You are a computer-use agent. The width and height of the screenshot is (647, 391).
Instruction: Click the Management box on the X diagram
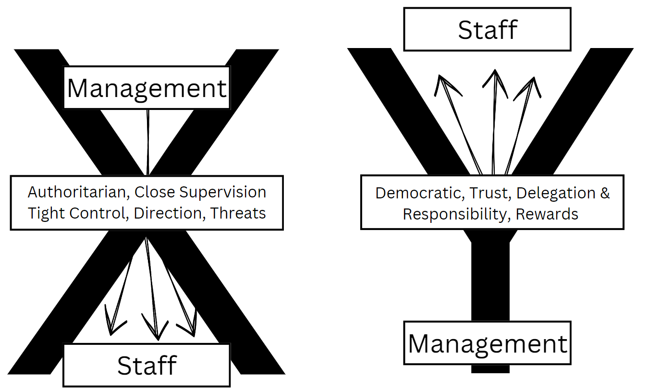[146, 88]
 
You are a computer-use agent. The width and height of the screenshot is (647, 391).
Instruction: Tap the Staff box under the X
[146, 365]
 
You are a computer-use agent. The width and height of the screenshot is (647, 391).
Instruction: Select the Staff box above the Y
[487, 30]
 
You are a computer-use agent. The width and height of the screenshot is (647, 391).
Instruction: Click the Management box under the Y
[488, 343]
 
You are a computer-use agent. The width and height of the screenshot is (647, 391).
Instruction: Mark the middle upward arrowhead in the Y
[495, 80]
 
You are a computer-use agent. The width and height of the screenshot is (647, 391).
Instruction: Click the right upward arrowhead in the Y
[531, 87]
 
